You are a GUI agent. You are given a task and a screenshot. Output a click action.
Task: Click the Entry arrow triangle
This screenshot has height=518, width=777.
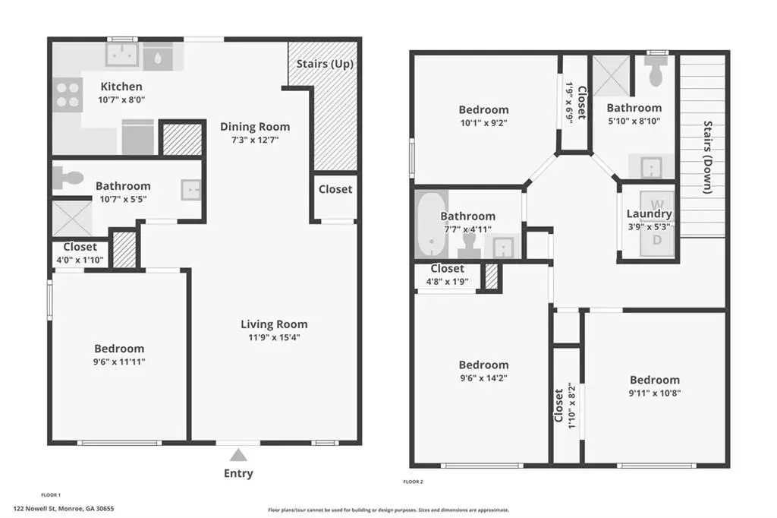238,455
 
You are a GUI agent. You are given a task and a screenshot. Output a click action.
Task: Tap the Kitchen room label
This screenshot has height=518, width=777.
121,87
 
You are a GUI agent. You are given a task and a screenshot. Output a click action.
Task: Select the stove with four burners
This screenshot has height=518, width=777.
68,95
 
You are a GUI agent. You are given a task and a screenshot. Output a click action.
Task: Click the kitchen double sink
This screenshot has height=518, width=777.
122,55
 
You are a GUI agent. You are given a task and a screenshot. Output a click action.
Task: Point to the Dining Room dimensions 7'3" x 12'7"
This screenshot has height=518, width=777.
255,140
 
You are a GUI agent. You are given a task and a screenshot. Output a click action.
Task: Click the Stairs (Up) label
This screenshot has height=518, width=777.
325,64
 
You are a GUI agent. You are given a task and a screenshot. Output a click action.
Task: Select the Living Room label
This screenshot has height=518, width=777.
274,324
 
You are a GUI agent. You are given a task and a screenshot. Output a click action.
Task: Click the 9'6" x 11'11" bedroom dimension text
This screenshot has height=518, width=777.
119,362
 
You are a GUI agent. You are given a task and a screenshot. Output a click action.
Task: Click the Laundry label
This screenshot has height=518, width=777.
650,213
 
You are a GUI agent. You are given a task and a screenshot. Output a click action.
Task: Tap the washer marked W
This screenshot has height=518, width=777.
657,204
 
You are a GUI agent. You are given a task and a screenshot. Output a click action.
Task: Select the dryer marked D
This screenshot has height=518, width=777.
657,240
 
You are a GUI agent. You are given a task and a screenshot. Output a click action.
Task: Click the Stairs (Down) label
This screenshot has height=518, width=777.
708,156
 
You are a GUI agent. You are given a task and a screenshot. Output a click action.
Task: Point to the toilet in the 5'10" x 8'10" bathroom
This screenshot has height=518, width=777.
656,71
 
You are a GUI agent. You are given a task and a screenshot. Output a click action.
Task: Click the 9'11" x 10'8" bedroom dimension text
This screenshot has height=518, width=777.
655,393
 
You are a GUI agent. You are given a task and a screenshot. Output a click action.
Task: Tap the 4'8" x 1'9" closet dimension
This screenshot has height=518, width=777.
447,282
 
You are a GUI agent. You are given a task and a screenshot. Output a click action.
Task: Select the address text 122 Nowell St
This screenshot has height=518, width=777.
35,509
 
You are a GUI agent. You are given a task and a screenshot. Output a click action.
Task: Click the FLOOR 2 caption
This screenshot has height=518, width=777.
414,482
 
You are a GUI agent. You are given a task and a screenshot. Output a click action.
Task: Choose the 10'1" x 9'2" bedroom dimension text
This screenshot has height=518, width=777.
483,123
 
